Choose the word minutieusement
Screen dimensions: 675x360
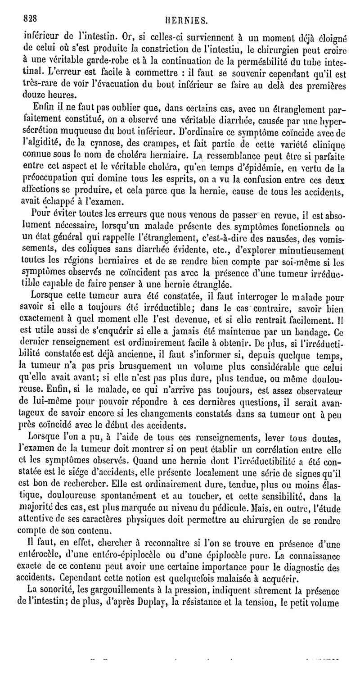[303, 250]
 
